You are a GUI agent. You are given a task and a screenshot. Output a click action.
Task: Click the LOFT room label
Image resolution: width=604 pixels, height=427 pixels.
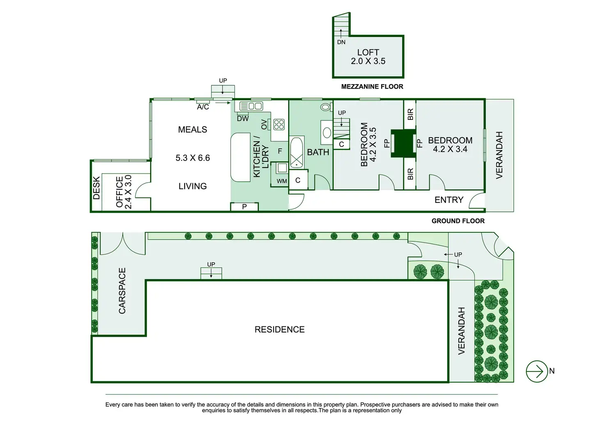368,53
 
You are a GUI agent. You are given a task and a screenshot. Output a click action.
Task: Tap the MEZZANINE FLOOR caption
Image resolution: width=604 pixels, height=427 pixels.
372,87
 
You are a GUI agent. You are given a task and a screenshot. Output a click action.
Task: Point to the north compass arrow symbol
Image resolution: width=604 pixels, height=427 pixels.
537,371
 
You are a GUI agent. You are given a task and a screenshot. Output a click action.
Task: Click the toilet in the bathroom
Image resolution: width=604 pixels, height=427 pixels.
325,107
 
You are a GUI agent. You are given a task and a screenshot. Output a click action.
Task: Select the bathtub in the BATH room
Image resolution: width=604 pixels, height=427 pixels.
297,152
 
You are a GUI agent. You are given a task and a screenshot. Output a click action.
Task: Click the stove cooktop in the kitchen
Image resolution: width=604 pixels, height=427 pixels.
279,124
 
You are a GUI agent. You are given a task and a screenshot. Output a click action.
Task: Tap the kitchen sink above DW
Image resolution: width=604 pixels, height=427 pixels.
251,106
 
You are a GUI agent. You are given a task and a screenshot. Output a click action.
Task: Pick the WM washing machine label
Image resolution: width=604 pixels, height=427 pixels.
282,181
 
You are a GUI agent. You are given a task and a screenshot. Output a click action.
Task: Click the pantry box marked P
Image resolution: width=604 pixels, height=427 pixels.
244,207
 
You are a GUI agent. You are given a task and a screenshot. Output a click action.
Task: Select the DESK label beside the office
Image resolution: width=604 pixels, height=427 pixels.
96,188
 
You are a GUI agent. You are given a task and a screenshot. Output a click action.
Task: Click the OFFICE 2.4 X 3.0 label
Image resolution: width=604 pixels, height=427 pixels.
124,192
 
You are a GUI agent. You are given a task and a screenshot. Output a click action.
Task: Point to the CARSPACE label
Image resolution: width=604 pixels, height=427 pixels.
122,291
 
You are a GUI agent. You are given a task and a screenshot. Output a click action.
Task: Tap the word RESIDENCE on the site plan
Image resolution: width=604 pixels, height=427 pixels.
279,330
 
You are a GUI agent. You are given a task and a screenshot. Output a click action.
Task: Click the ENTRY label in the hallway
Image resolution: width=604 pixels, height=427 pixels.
449,200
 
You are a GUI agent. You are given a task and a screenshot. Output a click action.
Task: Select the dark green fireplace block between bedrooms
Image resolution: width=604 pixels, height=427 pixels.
403,143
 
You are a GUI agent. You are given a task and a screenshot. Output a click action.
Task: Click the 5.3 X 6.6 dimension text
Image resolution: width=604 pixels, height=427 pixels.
192,158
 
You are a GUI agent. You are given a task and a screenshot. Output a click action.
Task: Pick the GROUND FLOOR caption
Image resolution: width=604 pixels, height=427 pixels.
458,221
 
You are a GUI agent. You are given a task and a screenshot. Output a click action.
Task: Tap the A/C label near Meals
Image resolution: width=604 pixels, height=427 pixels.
203,107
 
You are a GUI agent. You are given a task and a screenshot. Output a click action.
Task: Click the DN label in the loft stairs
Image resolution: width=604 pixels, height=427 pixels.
341,42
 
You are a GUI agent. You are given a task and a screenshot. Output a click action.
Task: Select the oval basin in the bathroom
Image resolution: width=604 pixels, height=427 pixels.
327,133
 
